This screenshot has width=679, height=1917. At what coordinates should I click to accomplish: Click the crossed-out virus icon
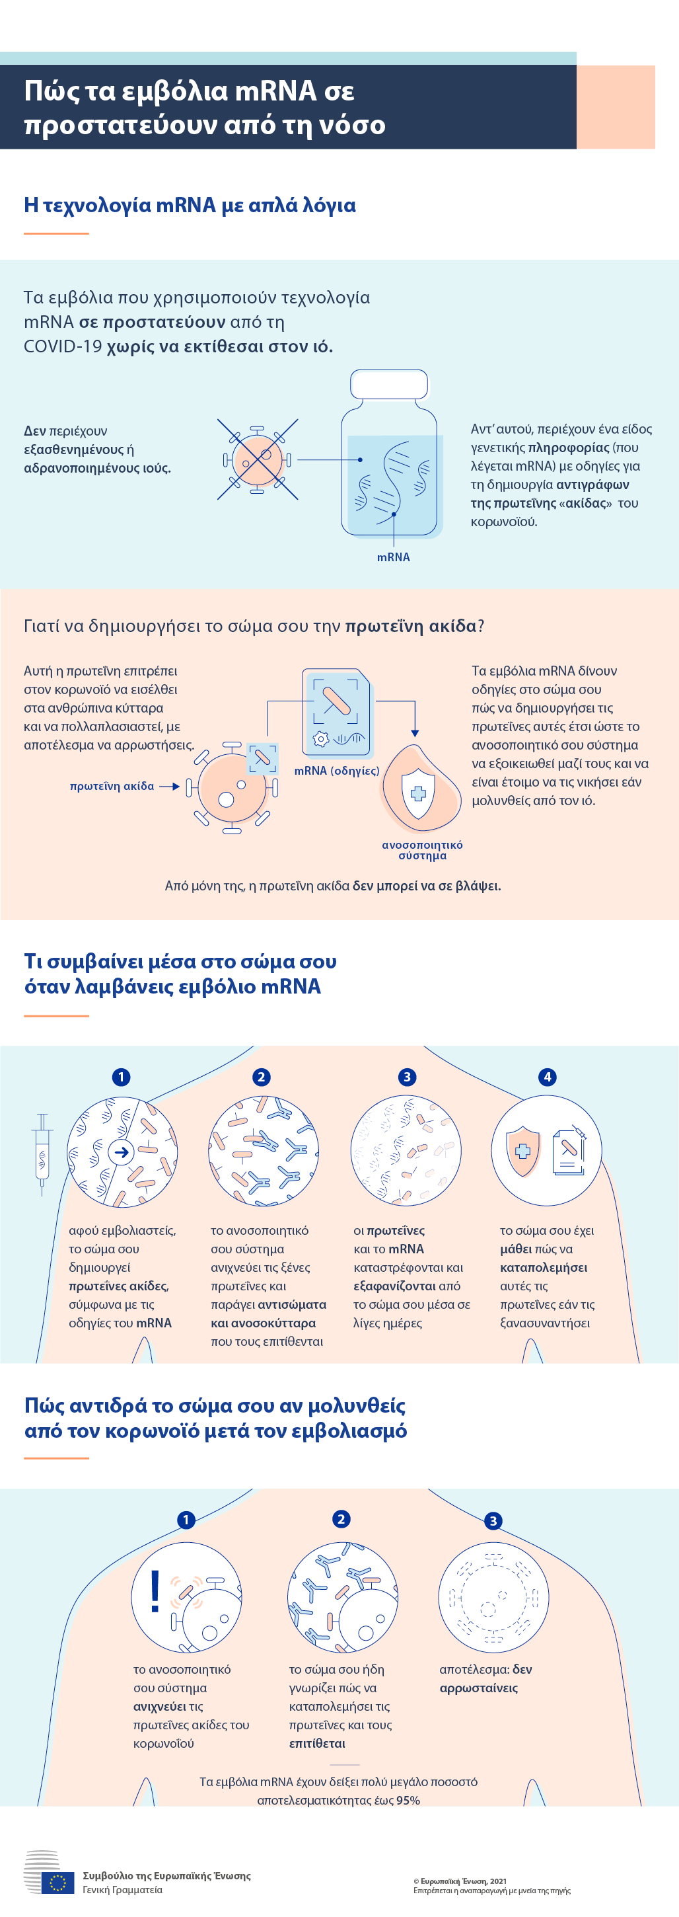pos(258,459)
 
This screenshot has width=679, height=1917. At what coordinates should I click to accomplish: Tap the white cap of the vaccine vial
pos(389,385)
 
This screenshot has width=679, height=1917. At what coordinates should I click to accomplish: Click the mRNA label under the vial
pos(394,557)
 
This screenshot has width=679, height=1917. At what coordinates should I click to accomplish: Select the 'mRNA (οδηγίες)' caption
pos(337,770)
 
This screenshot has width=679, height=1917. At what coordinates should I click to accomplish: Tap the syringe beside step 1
pos(42,1154)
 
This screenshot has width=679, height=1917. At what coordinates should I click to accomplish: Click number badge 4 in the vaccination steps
pos(548,1077)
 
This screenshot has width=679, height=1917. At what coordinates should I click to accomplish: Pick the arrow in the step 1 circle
pos(122,1152)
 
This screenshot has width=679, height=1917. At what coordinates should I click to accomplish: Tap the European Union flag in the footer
pos(58,1883)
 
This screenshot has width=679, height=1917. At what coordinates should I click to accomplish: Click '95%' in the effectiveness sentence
pos(408,1800)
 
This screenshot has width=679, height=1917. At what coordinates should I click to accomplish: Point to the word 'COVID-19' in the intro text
pos(63,347)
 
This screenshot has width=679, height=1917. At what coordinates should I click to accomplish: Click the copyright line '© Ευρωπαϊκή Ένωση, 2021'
pos(460,1881)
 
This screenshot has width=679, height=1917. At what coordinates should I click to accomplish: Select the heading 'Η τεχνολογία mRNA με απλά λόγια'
pos(190,206)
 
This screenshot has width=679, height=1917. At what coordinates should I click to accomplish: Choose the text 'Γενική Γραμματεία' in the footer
pos(123,1889)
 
